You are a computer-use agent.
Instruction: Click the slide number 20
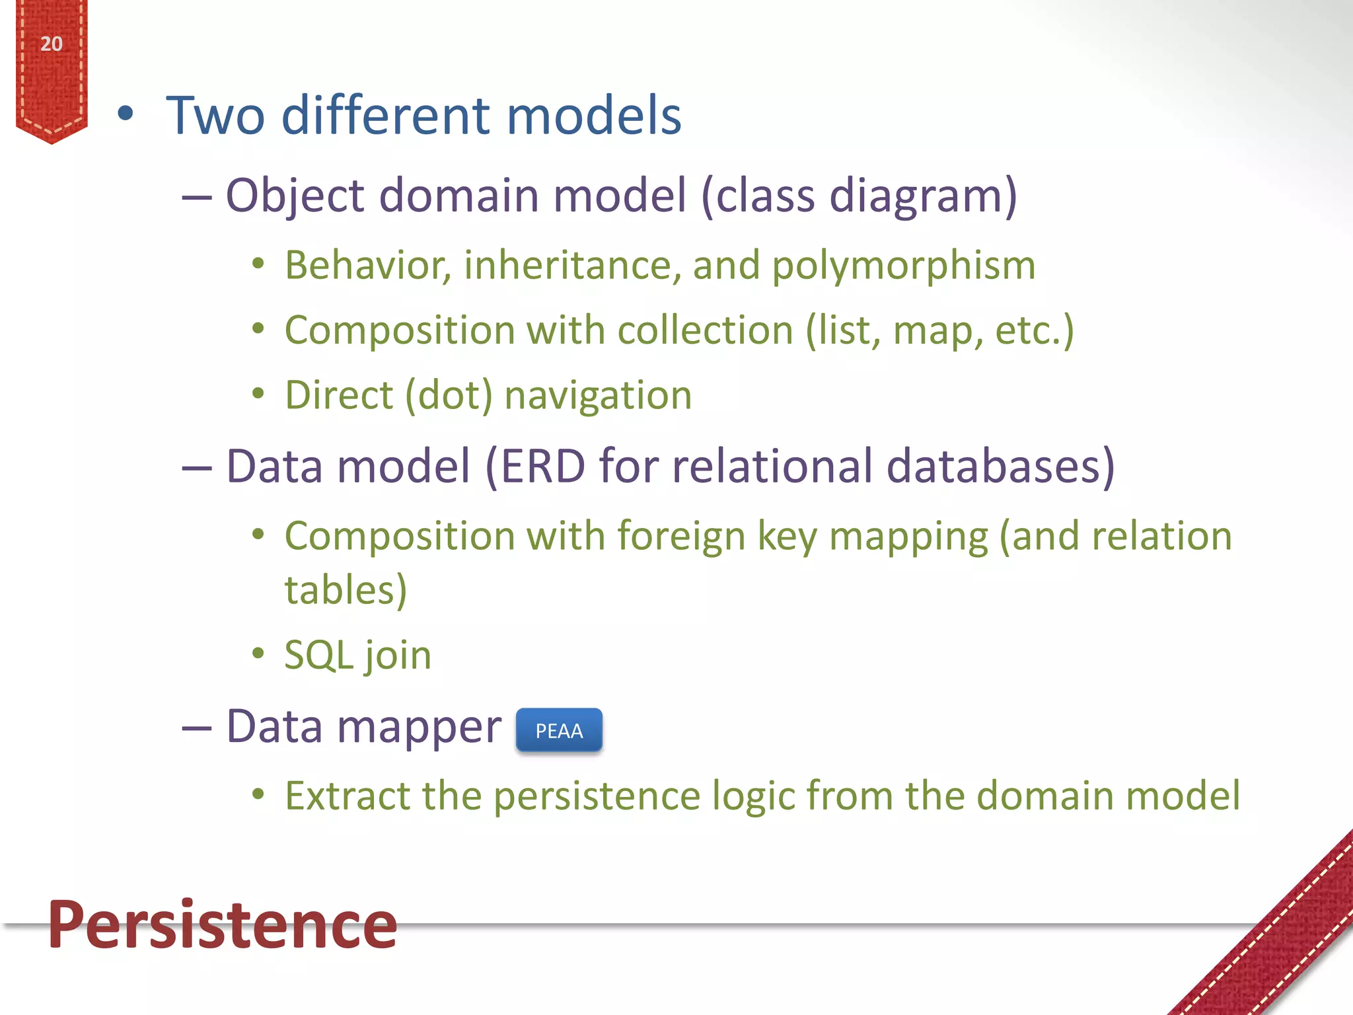[51, 44]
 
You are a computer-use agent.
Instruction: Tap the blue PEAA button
[559, 730]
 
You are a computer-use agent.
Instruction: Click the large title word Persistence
[223, 925]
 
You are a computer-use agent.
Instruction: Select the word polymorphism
[903, 266]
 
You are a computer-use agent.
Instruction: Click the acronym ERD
[542, 467]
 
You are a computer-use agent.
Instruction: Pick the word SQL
[318, 656]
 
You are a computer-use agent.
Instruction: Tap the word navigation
[598, 396]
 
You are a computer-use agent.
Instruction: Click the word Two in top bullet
[215, 116]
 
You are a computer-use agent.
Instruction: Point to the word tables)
[346, 590]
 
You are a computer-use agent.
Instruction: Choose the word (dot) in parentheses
[449, 396]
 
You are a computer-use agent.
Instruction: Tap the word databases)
[1000, 467]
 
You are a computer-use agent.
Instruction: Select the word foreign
[681, 536]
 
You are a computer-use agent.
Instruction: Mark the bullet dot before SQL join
[258, 654]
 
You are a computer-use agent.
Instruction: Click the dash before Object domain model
[197, 197]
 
